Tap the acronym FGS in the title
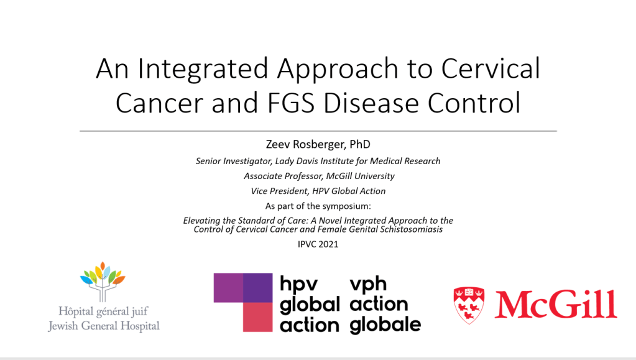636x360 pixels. point(290,103)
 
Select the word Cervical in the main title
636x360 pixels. point(491,68)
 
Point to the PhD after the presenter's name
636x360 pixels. point(360,144)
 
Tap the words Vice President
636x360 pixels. point(279,191)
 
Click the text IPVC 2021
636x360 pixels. point(318,244)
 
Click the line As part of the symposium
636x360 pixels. point(318,206)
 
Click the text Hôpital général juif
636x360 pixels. point(103,312)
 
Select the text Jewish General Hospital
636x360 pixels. point(104,326)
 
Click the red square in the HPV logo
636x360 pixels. point(257,317)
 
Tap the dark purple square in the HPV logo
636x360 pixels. point(257,288)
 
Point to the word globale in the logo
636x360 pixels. point(385,325)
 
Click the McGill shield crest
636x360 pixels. point(469,305)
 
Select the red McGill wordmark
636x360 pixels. point(556,305)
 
